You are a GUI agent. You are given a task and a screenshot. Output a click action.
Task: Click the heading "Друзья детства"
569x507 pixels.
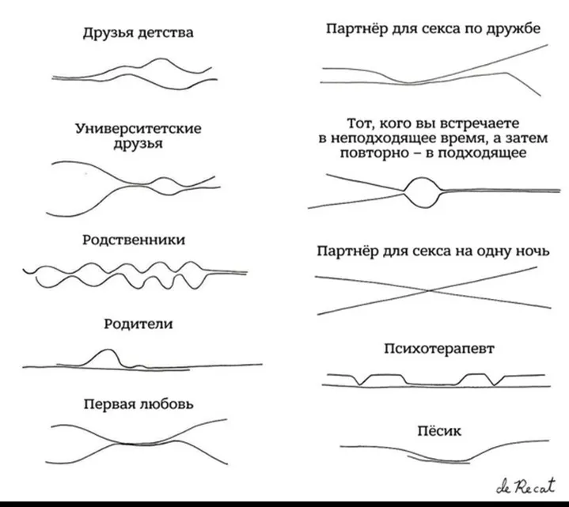pos(138,33)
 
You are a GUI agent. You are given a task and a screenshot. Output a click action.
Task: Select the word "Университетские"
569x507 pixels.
pos(138,128)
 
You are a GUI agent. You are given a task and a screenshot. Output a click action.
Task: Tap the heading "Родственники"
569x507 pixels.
pos(134,240)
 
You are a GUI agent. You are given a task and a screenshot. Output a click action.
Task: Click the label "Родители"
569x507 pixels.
pos(138,323)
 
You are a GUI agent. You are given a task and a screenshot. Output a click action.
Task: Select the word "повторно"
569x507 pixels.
pos(374,153)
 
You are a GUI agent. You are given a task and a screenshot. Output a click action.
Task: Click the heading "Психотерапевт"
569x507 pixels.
pos(439,349)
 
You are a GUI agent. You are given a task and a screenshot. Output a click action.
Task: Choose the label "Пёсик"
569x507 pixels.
pos(439,430)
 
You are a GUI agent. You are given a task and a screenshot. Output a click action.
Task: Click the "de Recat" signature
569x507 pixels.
pos(526,486)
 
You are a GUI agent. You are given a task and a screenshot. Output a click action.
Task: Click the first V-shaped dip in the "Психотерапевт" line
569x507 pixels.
pos(359,384)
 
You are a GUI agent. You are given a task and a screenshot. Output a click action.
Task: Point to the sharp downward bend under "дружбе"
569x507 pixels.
pos(506,73)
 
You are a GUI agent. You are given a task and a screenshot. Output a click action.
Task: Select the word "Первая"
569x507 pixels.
pos(109,403)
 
